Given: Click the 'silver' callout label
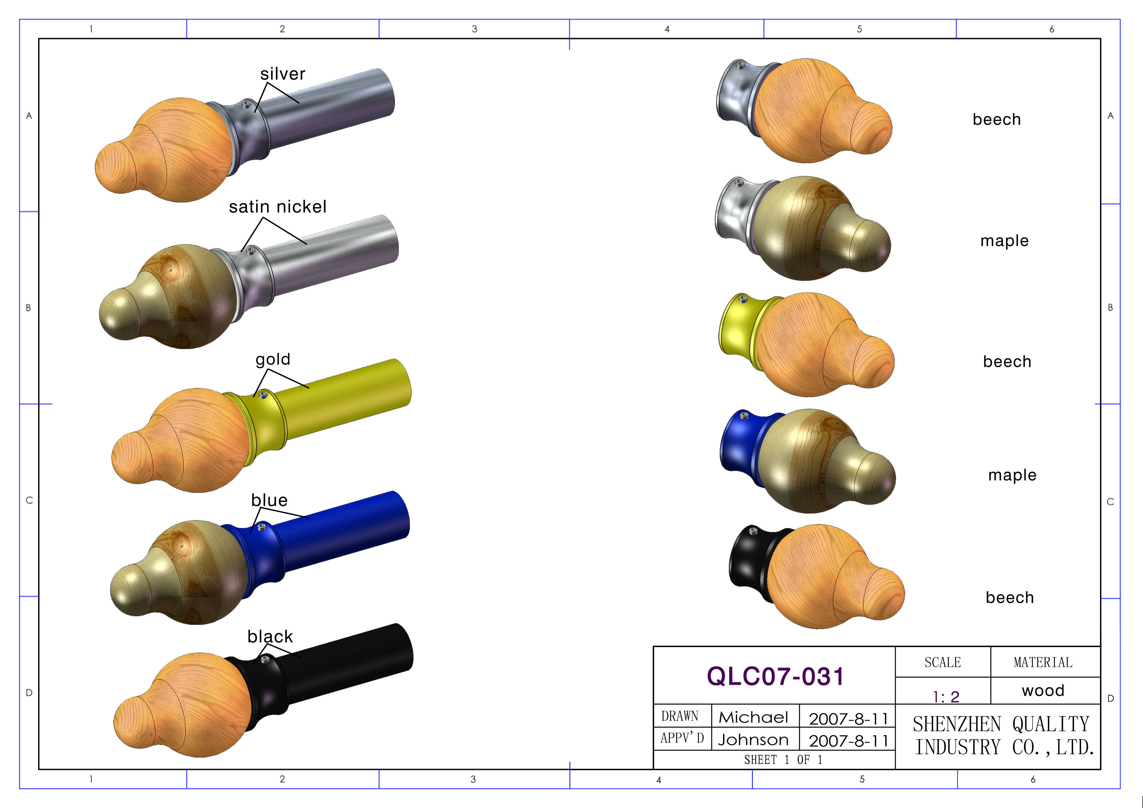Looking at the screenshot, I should point(282,74).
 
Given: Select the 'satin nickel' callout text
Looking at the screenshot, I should point(277,207).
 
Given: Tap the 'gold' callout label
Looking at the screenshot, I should point(272,359).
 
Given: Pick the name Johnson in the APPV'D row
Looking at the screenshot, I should point(753,740).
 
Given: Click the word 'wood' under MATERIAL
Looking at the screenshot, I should point(1043,691).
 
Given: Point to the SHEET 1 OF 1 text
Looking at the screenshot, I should point(783,760).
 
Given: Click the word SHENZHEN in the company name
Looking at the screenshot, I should point(956,724).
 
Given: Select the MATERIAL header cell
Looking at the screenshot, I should point(1043,662).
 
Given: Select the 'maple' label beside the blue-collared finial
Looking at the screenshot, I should point(1012,475).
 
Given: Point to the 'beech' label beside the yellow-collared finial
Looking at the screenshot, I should point(1006,361).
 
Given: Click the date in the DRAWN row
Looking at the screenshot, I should point(848,718).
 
